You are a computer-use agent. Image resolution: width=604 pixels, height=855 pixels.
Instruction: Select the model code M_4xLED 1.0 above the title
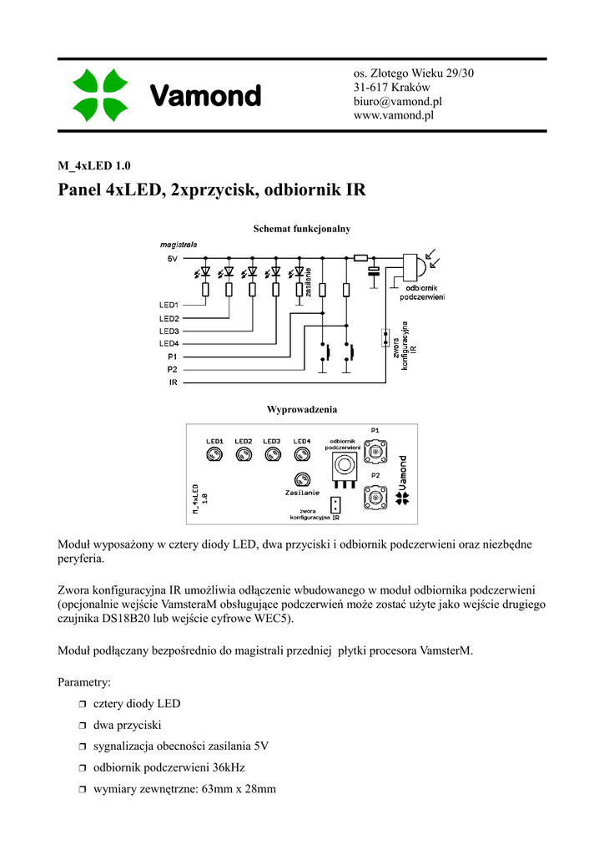tap(94, 164)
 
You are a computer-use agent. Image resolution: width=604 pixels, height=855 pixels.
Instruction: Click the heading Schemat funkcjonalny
tap(301, 228)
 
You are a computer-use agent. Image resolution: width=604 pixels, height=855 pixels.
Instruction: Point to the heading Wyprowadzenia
tap(301, 409)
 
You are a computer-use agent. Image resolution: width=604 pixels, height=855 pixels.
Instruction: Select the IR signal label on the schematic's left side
tap(173, 382)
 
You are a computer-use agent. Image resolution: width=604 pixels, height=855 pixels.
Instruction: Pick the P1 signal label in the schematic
tap(172, 357)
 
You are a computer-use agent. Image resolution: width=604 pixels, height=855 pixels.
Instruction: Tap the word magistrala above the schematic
tap(179, 245)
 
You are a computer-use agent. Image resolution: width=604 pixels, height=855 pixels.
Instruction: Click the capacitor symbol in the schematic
tap(374, 271)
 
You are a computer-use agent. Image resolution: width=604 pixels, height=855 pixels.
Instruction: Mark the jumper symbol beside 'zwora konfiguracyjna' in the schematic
tap(385, 337)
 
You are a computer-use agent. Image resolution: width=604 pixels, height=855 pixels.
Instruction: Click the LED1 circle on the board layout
tap(214, 454)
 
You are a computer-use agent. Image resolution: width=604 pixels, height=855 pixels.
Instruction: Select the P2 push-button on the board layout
tap(375, 498)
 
